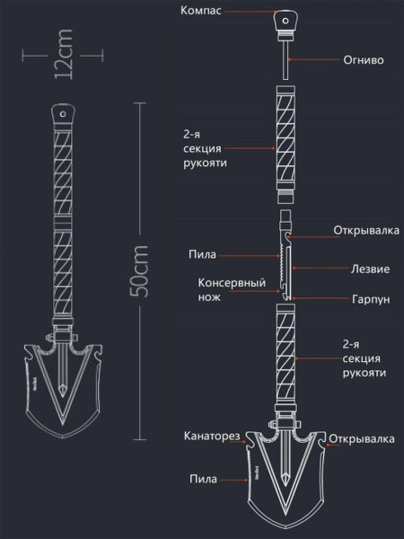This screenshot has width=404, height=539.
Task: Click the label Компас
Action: pyautogui.click(x=201, y=10)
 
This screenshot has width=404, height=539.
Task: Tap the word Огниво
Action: pyautogui.click(x=364, y=60)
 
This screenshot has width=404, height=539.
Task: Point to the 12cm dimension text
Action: pyautogui.click(x=64, y=54)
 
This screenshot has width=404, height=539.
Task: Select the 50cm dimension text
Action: pyautogui.click(x=139, y=271)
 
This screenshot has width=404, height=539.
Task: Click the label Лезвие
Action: pyautogui.click(x=370, y=269)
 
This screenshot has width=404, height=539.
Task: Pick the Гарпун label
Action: pyautogui.click(x=371, y=299)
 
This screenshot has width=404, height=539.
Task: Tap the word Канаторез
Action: pyautogui.click(x=212, y=436)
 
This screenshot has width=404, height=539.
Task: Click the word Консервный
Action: pyautogui.click(x=232, y=283)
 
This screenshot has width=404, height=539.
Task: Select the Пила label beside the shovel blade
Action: pyautogui.click(x=204, y=479)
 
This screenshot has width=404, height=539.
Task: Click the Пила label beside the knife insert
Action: pyautogui.click(x=202, y=255)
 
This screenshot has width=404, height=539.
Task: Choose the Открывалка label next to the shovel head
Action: pyautogui.click(x=362, y=439)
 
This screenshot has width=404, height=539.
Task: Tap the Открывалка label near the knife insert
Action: pyautogui.click(x=366, y=230)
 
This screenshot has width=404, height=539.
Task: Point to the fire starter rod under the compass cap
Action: pyautogui.click(x=285, y=60)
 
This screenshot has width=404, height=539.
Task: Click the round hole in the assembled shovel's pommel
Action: pyautogui.click(x=63, y=114)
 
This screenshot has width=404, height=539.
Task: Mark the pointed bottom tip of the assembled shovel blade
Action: pyautogui.click(x=63, y=438)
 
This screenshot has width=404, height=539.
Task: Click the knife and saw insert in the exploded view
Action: pyautogui.click(x=286, y=255)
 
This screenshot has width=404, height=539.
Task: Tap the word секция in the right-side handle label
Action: pyautogui.click(x=362, y=358)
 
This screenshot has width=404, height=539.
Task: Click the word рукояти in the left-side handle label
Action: pyautogui.click(x=205, y=163)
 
